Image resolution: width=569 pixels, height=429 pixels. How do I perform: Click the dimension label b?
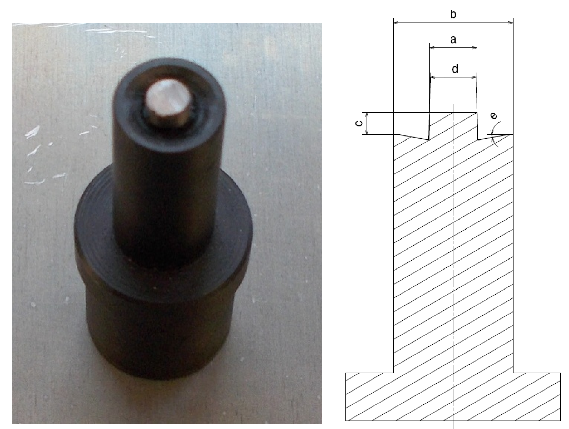tap(453, 15)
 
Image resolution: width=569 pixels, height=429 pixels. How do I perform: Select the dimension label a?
tap(453, 39)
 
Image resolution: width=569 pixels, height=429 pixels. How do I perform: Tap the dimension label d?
tap(455, 69)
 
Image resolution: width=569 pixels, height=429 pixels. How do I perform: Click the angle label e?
tap(493, 116)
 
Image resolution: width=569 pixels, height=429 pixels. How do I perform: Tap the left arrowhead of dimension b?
tap(396, 23)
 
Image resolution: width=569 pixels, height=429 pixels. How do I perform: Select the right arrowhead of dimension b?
tap(511, 23)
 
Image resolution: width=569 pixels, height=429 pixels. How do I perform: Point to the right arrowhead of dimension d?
tap(475, 77)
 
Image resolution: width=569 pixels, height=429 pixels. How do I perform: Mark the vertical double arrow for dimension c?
tap(367, 123)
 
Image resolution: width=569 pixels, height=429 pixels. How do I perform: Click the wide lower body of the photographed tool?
tap(165, 322)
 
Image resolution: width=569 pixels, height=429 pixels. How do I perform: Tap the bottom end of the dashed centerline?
tap(453, 427)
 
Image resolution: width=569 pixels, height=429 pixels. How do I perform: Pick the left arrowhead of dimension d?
tap(432, 77)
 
